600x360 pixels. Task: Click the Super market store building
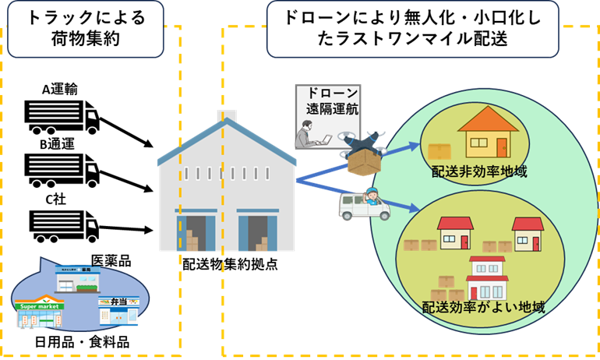point(39,312)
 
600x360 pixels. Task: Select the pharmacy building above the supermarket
point(77,279)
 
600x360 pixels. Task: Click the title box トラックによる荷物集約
point(85,29)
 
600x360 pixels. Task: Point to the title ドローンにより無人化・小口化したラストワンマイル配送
point(412,29)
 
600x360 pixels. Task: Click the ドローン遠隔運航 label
point(327,102)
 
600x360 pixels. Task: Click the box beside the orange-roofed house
point(439,151)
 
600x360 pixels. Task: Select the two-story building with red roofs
point(487,277)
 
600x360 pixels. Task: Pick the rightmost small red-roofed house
point(528,233)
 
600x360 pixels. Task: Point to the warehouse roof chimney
point(226,116)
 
